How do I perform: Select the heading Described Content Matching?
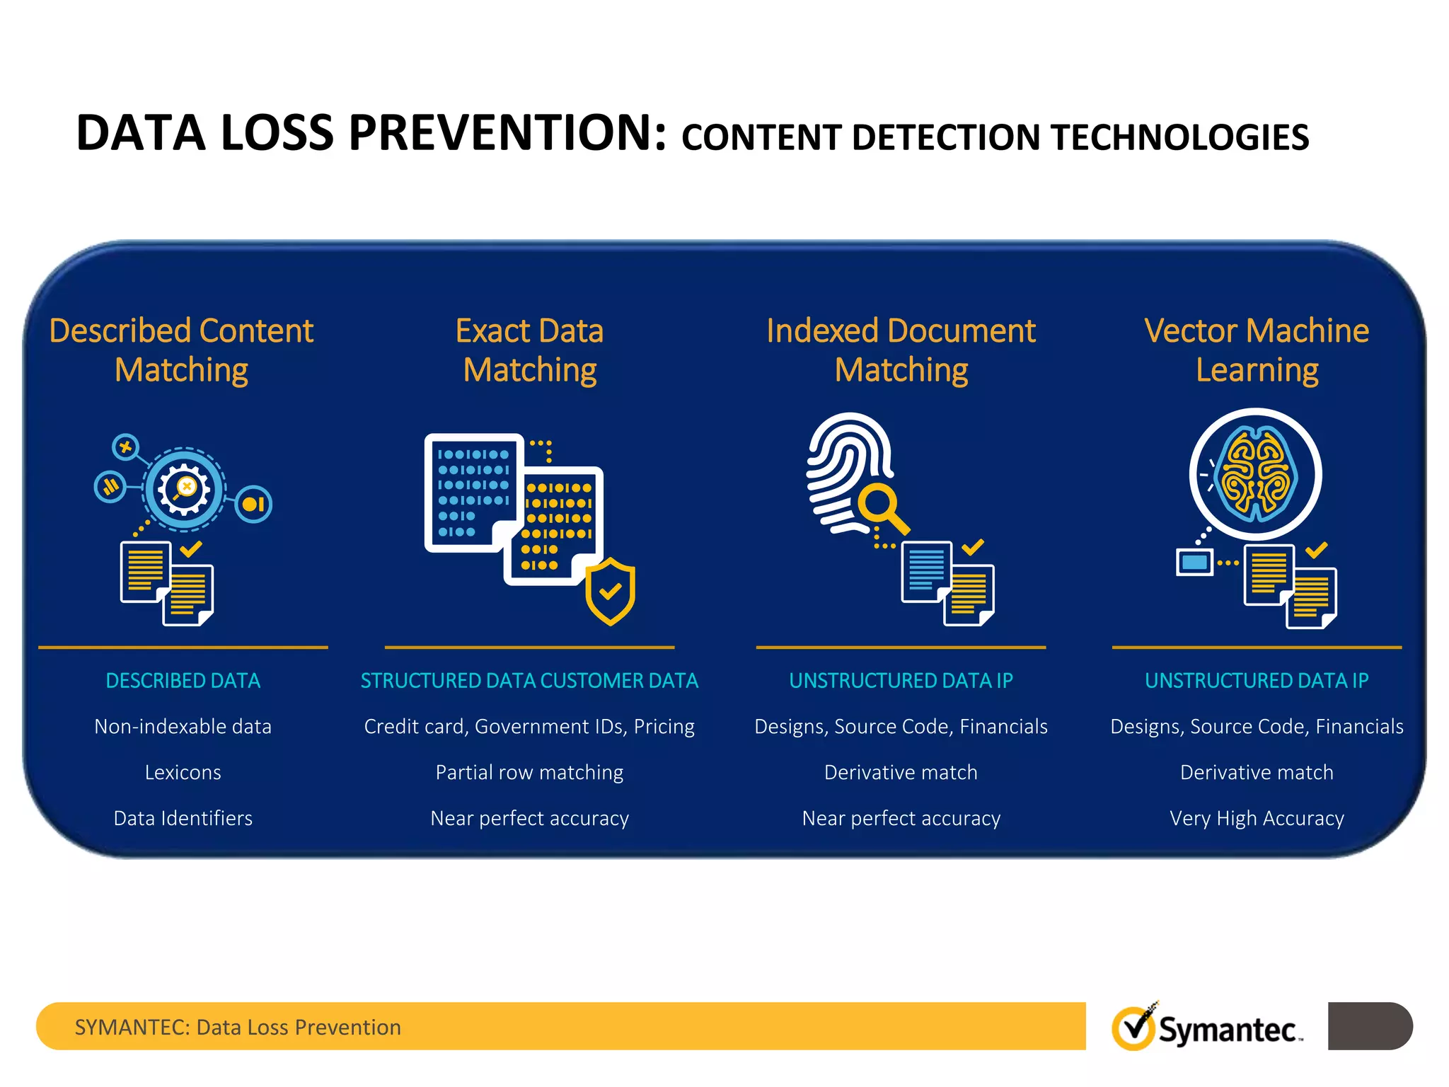tap(181, 350)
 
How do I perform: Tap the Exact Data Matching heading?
tap(529, 350)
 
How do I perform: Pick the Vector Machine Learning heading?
tap(1257, 350)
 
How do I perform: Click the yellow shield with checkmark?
tap(610, 591)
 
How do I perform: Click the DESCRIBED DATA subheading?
tap(183, 681)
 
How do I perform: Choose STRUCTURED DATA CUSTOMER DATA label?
tap(529, 681)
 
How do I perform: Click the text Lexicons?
tap(183, 772)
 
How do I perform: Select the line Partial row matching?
tap(529, 772)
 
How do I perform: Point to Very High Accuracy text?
tap(1257, 818)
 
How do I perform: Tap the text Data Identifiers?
tap(183, 818)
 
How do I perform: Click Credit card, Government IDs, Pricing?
tap(529, 727)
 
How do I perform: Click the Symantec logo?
tap(1206, 1028)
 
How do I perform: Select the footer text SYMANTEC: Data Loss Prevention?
tap(238, 1027)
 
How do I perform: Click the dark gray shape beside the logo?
tap(1369, 1025)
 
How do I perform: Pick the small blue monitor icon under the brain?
tap(1194, 563)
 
